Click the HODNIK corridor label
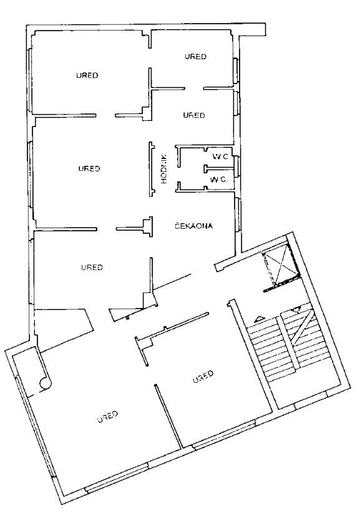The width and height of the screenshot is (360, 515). [x=164, y=169]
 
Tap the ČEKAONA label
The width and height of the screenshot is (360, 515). [x=193, y=226]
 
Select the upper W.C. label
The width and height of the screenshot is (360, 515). [x=220, y=156]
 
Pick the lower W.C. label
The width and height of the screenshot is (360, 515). [x=219, y=180]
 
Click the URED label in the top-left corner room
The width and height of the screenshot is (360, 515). [x=87, y=75]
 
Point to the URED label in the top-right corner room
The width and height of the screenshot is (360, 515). [x=195, y=57]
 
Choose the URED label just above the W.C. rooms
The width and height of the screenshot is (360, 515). [x=194, y=115]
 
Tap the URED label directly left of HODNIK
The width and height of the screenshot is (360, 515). [x=89, y=168]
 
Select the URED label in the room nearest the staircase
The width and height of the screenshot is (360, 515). [x=203, y=377]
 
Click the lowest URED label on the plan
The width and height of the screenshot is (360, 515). [x=107, y=416]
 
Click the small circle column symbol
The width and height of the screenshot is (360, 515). [x=46, y=383]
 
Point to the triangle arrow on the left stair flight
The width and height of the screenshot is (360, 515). [x=260, y=319]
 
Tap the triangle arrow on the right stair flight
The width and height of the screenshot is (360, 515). [x=297, y=309]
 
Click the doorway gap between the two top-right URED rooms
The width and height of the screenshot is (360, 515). [x=194, y=89]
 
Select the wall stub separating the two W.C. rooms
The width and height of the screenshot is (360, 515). [x=219, y=168]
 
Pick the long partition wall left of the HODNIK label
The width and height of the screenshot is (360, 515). [x=151, y=169]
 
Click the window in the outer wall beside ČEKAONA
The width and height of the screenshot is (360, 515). [x=238, y=215]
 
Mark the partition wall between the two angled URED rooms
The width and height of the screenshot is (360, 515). [x=168, y=416]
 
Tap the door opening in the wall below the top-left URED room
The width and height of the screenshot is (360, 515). [x=105, y=115]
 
